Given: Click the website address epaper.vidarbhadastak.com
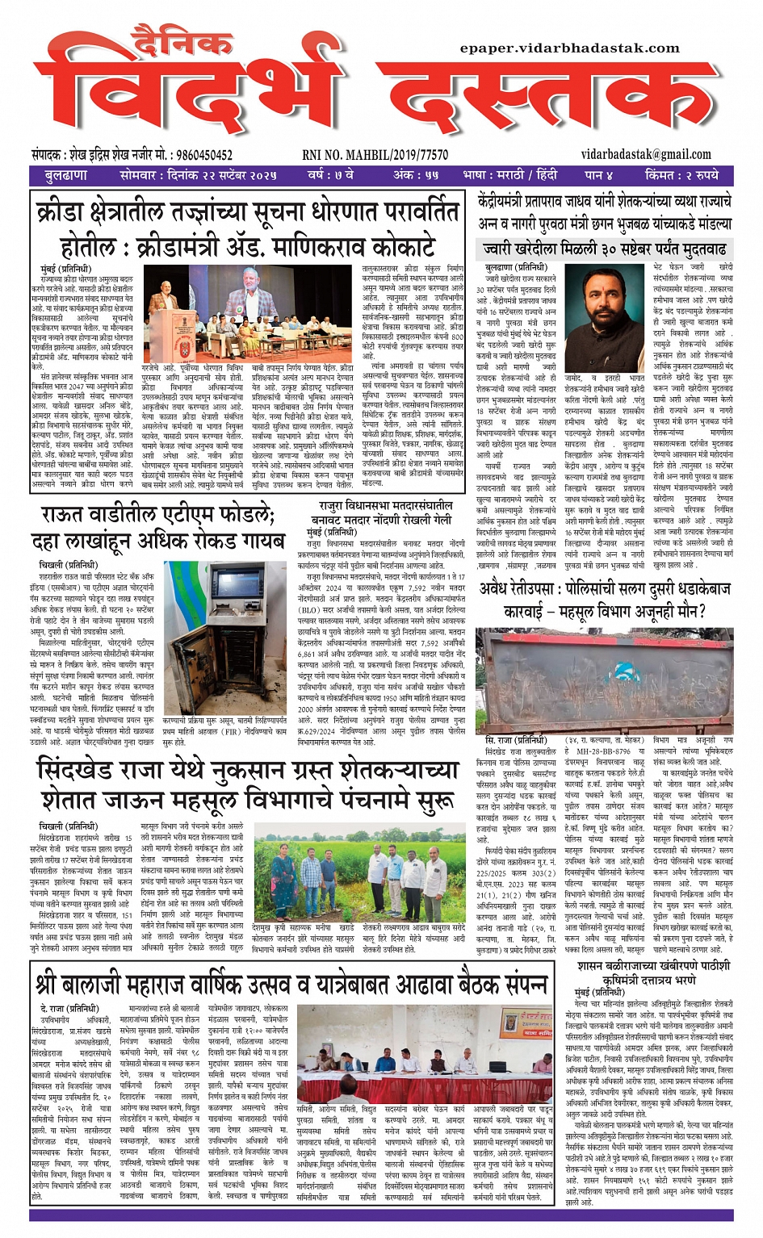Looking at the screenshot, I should pos(569,48).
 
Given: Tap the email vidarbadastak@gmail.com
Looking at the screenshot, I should pos(646,154).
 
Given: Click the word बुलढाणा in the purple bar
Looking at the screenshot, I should pos(66,175).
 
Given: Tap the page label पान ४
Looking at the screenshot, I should pos(599,175).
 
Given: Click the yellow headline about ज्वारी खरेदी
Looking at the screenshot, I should pos(604,249).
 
